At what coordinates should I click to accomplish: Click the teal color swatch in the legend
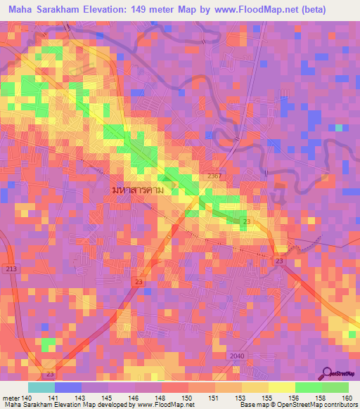pos(41,387)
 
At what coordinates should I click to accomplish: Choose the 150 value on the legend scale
pos(188,398)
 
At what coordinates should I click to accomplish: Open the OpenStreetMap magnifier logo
pos(326,373)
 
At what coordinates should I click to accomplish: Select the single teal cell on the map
pos(339,128)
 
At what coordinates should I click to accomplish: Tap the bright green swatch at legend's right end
pos(335,387)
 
